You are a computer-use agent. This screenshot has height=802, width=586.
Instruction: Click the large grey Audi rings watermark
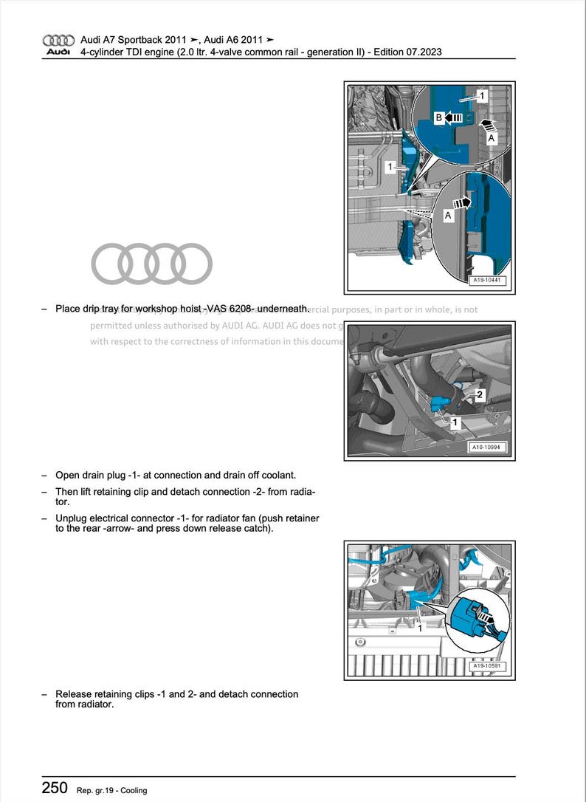pos(151,264)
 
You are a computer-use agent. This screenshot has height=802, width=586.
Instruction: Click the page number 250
pos(55,787)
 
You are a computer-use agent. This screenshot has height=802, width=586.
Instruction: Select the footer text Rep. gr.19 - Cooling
pos(111,790)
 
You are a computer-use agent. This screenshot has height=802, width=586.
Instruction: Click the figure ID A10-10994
pos(488,448)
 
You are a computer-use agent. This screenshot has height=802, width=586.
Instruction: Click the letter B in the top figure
pos(438,117)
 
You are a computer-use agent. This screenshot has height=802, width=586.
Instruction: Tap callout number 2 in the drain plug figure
pos(479,395)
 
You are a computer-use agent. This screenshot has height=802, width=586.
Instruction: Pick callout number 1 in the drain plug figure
pos(455,422)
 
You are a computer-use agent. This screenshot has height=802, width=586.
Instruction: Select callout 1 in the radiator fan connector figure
pos(420,628)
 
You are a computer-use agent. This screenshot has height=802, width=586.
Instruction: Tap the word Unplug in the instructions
pos(71,518)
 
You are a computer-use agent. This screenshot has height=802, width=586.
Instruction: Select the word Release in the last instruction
pos(74,694)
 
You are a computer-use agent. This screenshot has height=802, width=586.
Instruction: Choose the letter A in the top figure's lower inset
pos(448,215)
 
